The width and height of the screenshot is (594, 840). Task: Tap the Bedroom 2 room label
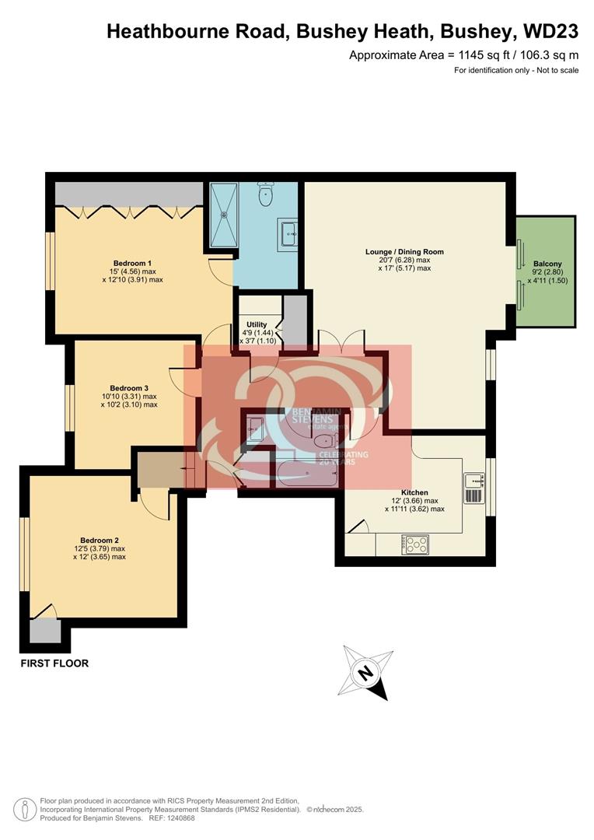tap(100, 540)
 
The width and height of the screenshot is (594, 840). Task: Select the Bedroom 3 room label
tap(129, 388)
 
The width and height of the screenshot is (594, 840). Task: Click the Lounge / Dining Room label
tap(404, 251)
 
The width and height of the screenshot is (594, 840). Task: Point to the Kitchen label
tap(414, 492)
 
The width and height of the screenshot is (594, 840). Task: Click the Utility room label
tap(257, 324)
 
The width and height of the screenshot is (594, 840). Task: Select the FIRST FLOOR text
tap(54, 663)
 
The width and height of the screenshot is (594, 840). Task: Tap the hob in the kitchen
tap(415, 544)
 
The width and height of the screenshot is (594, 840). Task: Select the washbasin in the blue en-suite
tap(290, 232)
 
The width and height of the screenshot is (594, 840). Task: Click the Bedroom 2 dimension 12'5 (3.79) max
tap(100, 548)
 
